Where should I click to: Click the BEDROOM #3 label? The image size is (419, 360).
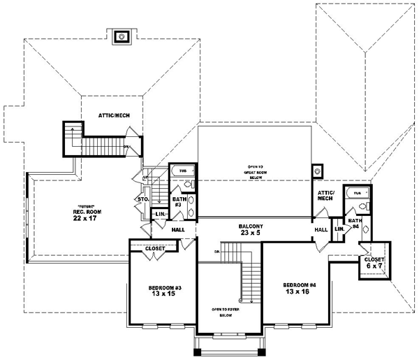(x=161, y=291)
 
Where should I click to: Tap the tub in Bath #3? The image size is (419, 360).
(x=183, y=170)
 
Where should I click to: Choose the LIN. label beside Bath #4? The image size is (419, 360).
(x=339, y=229)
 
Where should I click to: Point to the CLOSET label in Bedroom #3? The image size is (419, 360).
(x=155, y=248)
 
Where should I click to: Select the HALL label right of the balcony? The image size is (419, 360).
(x=321, y=229)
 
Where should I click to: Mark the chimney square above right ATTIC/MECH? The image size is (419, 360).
(x=318, y=169)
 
